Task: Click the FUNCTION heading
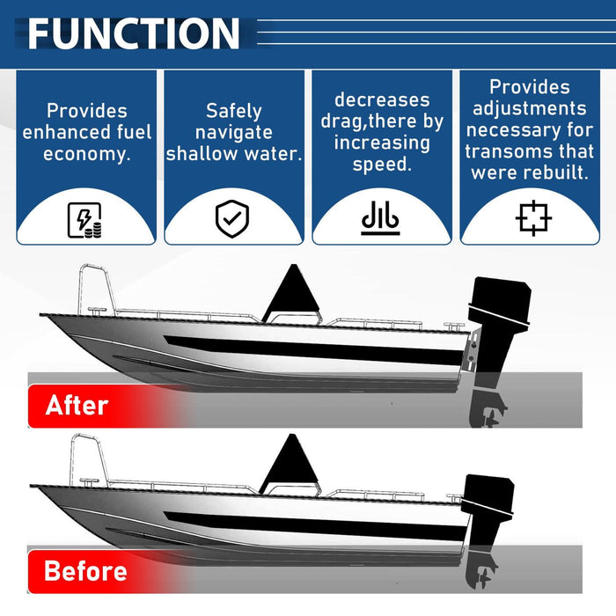click(x=133, y=33)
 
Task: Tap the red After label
click(x=77, y=406)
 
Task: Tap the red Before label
click(x=85, y=571)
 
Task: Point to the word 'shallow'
click(x=202, y=153)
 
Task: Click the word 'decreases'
click(x=382, y=100)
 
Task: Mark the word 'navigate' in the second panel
click(x=234, y=132)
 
